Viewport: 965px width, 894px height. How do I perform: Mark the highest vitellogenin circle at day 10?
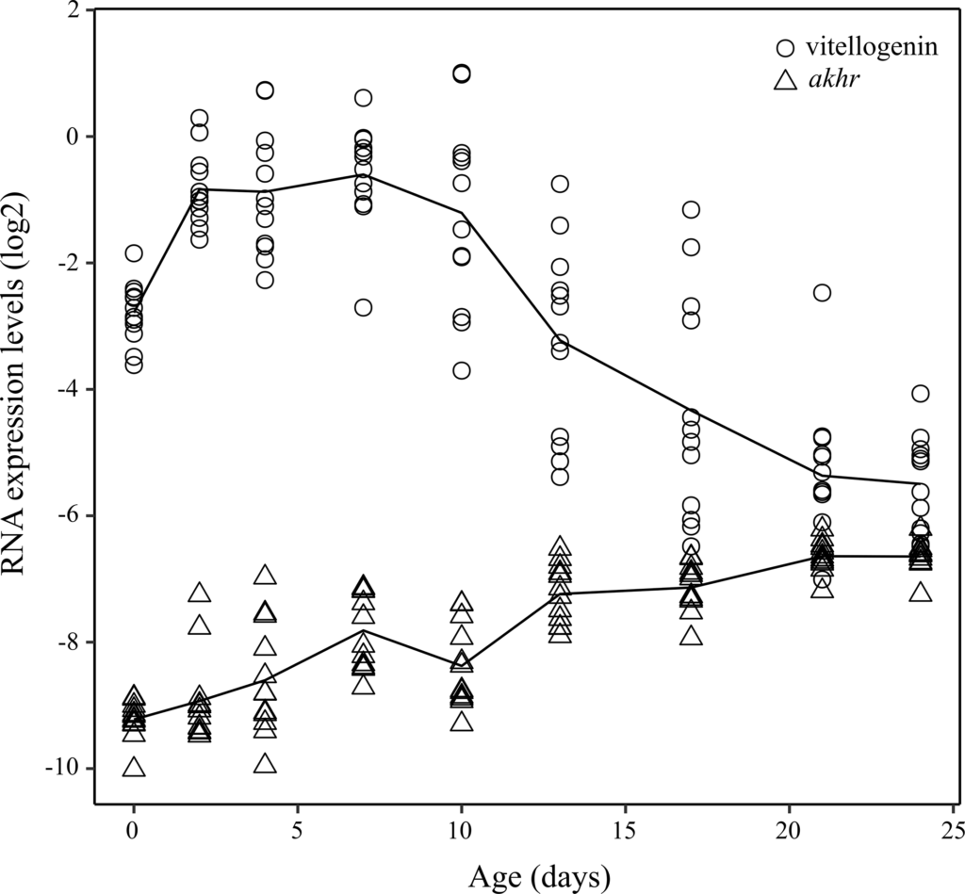[x=462, y=73]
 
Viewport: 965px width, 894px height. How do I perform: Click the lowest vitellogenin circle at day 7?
[x=364, y=307]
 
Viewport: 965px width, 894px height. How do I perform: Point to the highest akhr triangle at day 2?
[x=200, y=593]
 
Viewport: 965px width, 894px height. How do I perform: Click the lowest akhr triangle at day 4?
[x=266, y=763]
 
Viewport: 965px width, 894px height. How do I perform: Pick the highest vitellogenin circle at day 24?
[x=920, y=393]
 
